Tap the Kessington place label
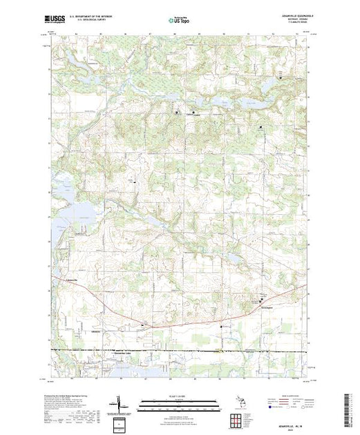[x=267, y=303]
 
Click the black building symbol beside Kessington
[x=261, y=299]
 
